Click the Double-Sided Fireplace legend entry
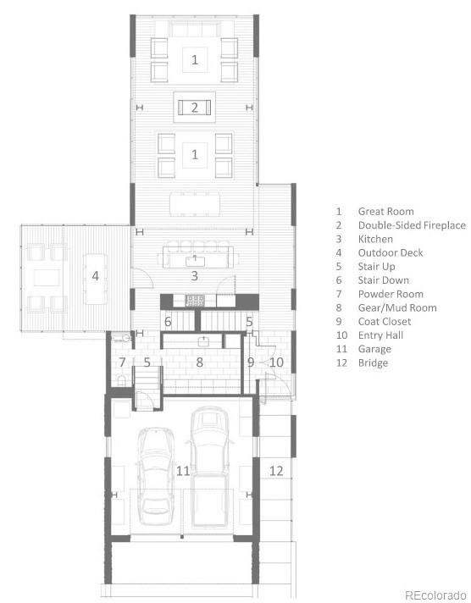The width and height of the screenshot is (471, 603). tap(401, 225)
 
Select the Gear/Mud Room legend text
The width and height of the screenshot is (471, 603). tap(386, 307)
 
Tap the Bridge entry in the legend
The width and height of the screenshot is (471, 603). tap(362, 362)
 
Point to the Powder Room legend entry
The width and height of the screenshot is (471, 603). tap(380, 294)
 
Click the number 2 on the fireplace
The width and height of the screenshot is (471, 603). tap(195, 108)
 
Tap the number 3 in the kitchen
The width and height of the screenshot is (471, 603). tap(195, 275)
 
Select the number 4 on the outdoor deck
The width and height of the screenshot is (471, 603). tap(96, 275)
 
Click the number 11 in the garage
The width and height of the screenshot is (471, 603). tap(183, 471)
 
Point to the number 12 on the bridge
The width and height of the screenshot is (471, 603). tap(276, 471)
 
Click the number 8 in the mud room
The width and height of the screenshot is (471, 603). tap(199, 362)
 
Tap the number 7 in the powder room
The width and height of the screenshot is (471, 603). tap(122, 362)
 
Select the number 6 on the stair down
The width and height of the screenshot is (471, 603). tap(168, 321)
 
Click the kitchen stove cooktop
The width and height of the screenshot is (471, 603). tap(195, 300)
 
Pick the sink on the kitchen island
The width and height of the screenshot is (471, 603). tap(195, 261)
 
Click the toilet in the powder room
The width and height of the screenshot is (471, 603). tap(122, 380)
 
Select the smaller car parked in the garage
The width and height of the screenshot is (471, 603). tap(155, 476)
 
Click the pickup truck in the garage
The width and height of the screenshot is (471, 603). tap(210, 467)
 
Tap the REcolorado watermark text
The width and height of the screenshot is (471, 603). tap(435, 595)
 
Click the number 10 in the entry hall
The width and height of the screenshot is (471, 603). tap(277, 362)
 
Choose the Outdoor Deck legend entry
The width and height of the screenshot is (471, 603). tap(379, 252)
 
